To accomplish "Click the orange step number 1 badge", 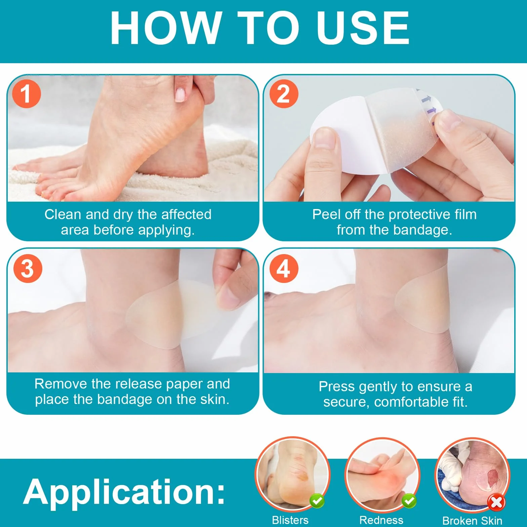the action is (x=27, y=94).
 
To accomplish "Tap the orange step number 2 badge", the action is (x=284, y=94).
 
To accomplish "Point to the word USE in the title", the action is (x=363, y=28).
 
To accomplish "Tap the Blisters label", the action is (x=290, y=520).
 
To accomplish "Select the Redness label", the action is (x=381, y=520).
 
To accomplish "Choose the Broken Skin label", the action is (x=472, y=520).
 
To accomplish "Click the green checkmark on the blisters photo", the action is (x=317, y=501).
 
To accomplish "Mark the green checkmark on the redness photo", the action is (x=409, y=501).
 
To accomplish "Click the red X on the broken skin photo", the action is (x=496, y=503).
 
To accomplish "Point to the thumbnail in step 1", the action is (x=180, y=94).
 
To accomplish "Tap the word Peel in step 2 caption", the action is (x=324, y=214).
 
